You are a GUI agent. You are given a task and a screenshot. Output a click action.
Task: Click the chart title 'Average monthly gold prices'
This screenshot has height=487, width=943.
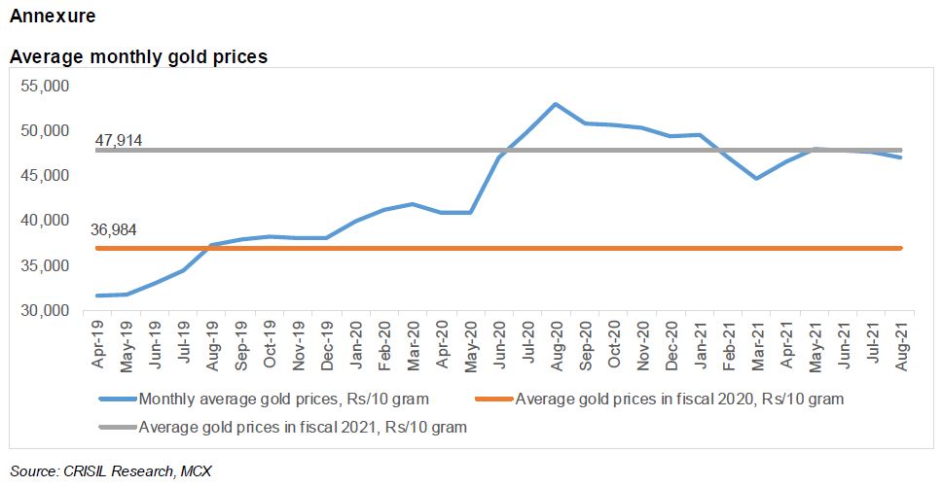(x=138, y=57)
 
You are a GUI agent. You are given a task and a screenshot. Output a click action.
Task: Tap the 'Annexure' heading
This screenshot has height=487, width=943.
(x=53, y=17)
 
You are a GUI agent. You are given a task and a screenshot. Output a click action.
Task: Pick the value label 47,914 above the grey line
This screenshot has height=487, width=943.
(x=119, y=141)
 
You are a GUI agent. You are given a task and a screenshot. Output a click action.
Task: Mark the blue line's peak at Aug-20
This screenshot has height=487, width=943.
(x=555, y=104)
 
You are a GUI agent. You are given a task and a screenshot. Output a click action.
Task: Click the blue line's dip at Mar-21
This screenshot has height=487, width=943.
(x=756, y=179)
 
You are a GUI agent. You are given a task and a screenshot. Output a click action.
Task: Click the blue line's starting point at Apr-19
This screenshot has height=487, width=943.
(x=96, y=296)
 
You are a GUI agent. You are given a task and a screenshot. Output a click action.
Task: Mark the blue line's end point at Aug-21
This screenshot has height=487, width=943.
(x=901, y=157)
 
